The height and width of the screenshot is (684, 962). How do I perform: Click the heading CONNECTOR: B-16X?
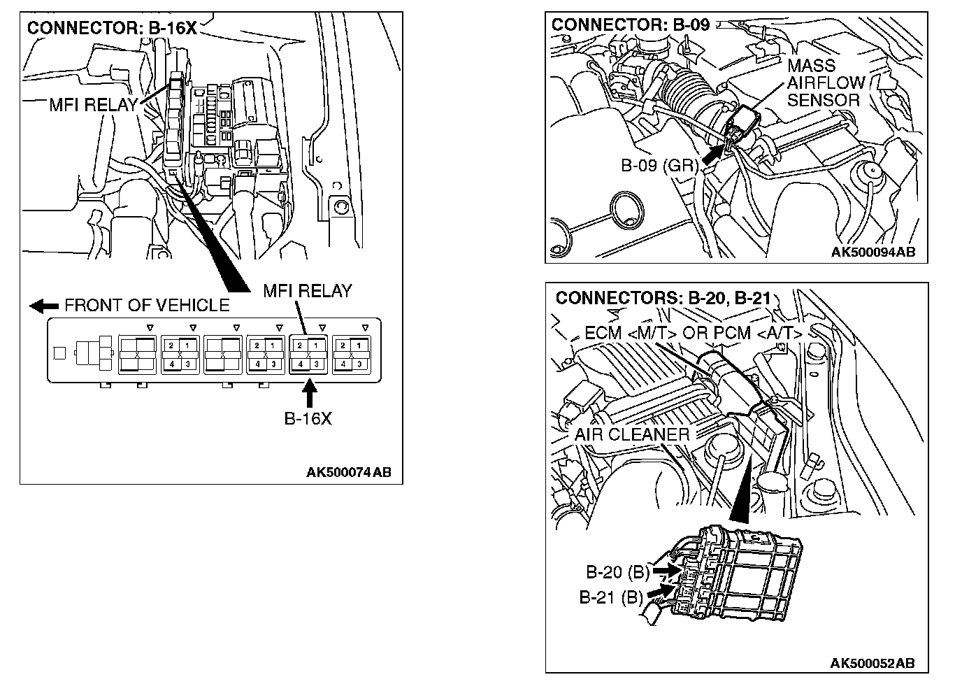111,29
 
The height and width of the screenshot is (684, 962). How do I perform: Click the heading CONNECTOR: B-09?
630,25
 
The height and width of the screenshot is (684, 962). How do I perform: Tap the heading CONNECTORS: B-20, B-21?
662,299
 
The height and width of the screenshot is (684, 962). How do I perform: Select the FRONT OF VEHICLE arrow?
45,306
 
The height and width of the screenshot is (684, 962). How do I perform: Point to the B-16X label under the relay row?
308,419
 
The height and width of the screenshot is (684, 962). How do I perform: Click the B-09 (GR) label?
659,166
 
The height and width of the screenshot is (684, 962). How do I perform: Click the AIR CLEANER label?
631,434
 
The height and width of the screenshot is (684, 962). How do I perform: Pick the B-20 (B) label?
617,572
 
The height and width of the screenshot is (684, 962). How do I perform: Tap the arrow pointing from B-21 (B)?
661,592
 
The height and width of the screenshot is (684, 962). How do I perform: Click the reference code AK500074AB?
349,472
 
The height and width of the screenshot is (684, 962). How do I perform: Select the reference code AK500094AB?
873,252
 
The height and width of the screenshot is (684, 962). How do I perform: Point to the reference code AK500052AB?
872,663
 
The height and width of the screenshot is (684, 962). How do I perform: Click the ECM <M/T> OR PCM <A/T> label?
693,333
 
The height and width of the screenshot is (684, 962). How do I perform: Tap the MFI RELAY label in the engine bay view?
93,105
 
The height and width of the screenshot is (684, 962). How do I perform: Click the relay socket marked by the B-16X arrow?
308,354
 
